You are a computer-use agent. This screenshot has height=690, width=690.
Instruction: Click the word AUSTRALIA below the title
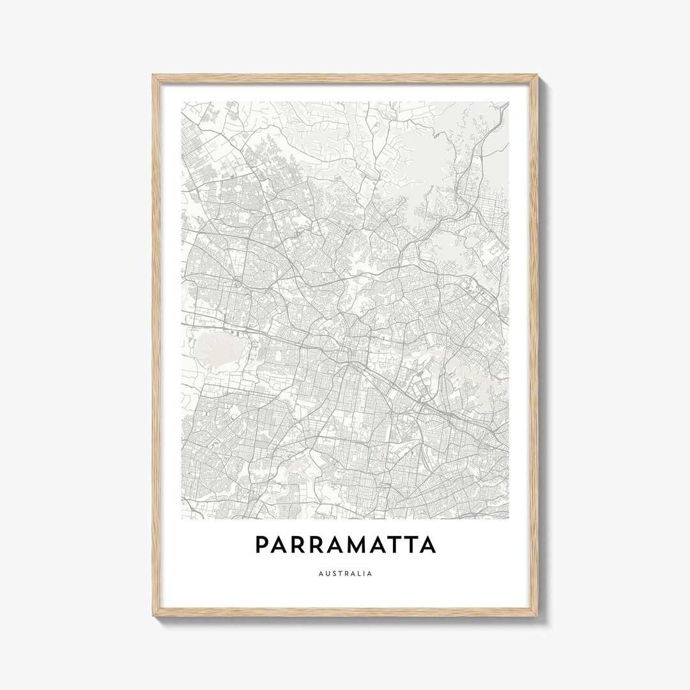345,573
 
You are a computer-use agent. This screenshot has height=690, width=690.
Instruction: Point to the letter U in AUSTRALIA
327,573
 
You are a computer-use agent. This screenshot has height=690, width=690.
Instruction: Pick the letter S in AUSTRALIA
334,573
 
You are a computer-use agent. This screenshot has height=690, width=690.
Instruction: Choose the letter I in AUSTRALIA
365,573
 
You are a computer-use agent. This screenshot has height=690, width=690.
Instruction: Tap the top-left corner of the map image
181,102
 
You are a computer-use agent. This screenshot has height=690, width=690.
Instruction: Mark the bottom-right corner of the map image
509,518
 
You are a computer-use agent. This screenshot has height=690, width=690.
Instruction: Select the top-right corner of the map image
509,102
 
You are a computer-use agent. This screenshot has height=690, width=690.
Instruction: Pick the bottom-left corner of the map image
181,518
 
